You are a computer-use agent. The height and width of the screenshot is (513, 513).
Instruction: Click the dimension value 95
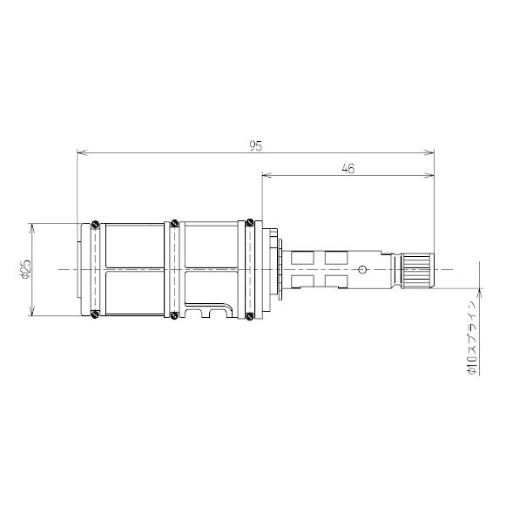tap(256, 145)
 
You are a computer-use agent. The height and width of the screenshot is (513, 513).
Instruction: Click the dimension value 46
tap(348, 168)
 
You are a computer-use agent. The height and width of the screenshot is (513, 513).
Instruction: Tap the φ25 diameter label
tap(25, 269)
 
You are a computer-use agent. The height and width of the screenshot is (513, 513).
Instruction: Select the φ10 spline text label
tap(472, 337)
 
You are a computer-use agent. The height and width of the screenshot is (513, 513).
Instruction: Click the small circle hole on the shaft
tap(361, 270)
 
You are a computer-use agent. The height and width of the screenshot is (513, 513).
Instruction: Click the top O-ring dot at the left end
tap(95, 224)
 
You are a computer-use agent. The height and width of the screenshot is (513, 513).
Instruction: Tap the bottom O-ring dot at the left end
tap(95, 314)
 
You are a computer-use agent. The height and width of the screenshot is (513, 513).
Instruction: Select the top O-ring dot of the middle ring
tap(175, 224)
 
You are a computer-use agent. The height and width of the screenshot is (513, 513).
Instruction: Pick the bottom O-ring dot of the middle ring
tap(175, 315)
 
